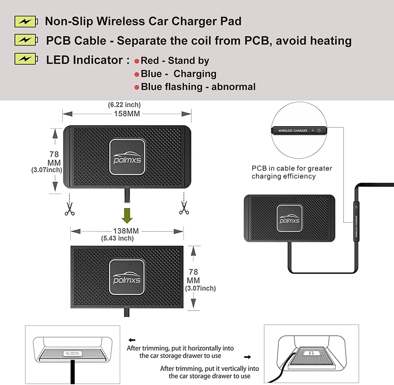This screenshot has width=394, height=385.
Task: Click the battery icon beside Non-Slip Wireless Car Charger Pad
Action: tap(26, 21)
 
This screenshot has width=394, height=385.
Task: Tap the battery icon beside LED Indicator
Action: tap(26, 59)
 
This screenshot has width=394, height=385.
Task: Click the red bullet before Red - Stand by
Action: tap(137, 61)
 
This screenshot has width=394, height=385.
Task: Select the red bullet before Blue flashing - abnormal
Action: tap(137, 87)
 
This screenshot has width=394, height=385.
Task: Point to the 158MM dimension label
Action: tap(127, 114)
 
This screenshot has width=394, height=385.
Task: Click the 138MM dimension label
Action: tap(126, 231)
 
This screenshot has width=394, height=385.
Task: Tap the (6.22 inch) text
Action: tap(124, 105)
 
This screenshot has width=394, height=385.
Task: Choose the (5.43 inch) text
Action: tap(118, 238)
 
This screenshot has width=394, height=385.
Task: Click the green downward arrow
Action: tap(127, 215)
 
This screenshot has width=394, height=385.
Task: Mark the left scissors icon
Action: tap(70, 209)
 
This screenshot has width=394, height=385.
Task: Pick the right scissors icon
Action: tap(184, 208)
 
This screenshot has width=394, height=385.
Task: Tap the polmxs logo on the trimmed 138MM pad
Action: tap(127, 277)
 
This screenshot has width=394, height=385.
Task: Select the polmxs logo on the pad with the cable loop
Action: tap(290, 218)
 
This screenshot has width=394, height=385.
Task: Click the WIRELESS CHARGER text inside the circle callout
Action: tap(293, 131)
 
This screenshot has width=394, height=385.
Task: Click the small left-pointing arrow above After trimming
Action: tap(132, 340)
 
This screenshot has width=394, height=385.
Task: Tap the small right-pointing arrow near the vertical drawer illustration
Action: tap(247, 357)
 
